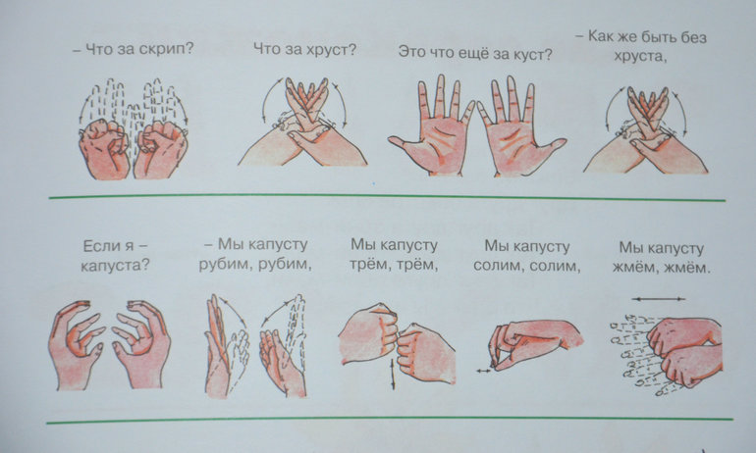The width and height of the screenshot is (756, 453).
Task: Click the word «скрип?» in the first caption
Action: [x=165, y=50]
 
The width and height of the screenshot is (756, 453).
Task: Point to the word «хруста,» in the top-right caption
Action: [x=640, y=56]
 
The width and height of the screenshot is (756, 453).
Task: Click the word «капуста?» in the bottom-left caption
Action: [x=115, y=266]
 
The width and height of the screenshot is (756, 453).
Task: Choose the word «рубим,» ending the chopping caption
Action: [x=285, y=265]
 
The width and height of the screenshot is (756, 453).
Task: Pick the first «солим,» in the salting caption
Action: [x=498, y=267]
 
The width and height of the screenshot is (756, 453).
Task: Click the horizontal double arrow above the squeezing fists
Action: [x=658, y=299]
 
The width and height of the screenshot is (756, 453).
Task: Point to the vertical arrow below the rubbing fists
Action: [x=393, y=374]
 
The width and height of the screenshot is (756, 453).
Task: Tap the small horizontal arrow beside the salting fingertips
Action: [x=484, y=371]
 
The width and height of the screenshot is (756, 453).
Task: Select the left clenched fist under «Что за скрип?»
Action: [x=105, y=149]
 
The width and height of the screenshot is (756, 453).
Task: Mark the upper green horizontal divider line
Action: [x=387, y=196]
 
